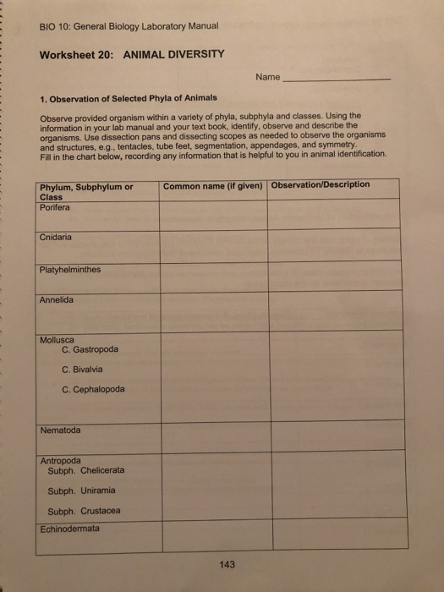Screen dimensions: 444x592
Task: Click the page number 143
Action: [227, 565]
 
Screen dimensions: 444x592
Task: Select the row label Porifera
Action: [55, 208]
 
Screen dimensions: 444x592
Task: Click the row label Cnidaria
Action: [56, 238]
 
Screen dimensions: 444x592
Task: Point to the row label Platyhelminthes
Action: [70, 270]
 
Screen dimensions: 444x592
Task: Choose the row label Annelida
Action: [57, 300]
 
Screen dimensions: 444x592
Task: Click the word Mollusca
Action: [58, 340]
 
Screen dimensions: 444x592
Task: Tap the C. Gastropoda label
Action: [90, 350]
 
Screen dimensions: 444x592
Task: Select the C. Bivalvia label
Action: [83, 370]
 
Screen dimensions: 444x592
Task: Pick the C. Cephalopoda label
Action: [93, 390]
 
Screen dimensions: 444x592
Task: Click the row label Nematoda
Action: [61, 430]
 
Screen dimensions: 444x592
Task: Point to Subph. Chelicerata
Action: [86, 470]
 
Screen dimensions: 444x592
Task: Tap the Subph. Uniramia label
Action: [82, 491]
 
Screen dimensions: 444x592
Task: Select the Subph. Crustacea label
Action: [85, 511]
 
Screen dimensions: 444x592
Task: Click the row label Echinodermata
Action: [69, 529]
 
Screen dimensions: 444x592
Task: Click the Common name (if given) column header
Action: [213, 186]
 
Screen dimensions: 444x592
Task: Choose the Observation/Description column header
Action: [321, 185]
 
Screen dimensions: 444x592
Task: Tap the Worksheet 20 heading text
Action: [131, 54]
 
